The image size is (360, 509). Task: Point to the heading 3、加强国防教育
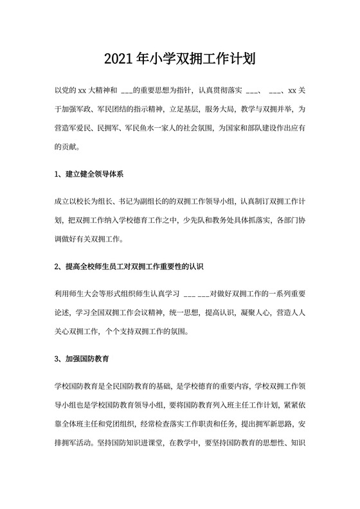81,358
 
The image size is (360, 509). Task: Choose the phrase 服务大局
213,109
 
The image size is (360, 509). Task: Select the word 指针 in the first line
181,90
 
